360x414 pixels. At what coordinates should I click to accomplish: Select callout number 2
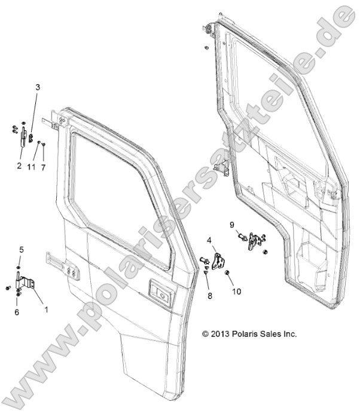19,165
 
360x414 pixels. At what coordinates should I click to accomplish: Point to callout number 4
209,240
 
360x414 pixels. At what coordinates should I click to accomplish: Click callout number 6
16,312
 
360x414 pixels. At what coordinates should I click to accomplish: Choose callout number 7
43,167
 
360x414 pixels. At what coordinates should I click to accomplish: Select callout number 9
232,224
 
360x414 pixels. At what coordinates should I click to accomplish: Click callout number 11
31,167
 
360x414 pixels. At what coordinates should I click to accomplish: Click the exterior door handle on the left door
160,291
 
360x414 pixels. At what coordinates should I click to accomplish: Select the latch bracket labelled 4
221,262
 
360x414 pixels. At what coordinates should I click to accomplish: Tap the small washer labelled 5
20,267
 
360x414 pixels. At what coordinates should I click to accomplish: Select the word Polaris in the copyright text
251,334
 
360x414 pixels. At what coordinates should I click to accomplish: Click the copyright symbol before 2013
206,334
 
